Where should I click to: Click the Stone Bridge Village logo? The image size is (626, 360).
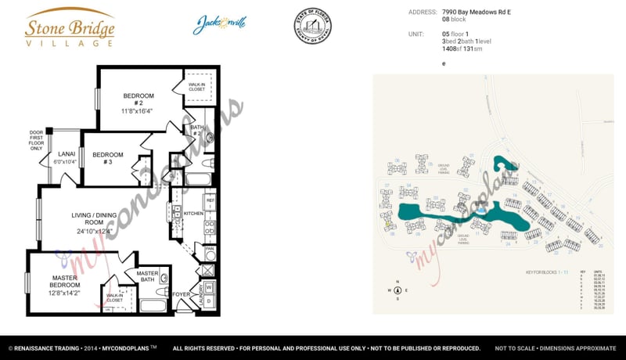pyautogui.click(x=70, y=28)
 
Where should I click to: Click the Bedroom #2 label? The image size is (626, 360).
pyautogui.click(x=138, y=103)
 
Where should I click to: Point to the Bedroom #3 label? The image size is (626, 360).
pyautogui.click(x=107, y=159)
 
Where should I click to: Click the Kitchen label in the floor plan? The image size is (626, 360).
pyautogui.click(x=192, y=213)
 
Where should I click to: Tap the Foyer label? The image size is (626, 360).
pyautogui.click(x=182, y=295)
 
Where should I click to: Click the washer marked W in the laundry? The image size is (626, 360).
pyautogui.click(x=209, y=286)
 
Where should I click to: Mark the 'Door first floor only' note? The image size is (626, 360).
pyautogui.click(x=36, y=139)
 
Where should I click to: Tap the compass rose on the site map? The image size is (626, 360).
pyautogui.click(x=398, y=290)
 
